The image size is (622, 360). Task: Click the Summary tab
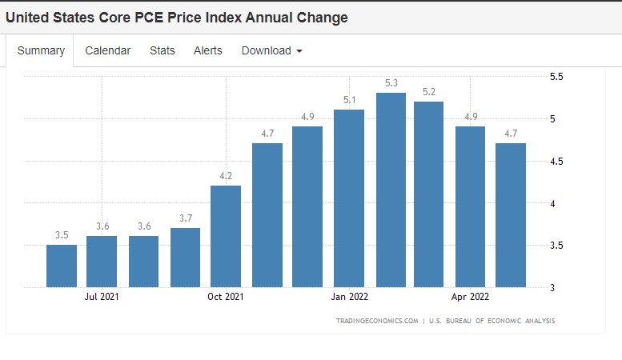(x=41, y=50)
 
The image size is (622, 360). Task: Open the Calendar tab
(x=107, y=50)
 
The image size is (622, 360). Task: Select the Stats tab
(x=162, y=50)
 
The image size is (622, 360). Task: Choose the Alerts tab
(x=208, y=50)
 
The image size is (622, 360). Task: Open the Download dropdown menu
(x=271, y=50)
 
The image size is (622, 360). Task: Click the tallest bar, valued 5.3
(x=391, y=190)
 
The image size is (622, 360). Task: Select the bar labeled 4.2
(x=226, y=236)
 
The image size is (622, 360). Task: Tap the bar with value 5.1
(x=349, y=198)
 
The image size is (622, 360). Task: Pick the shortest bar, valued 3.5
(x=62, y=266)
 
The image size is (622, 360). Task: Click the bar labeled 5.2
(x=428, y=194)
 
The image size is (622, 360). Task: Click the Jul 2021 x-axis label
(x=102, y=297)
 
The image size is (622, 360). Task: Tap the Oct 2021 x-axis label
(x=226, y=297)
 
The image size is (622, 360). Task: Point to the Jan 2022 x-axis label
(x=349, y=297)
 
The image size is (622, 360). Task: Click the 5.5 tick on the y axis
(x=556, y=77)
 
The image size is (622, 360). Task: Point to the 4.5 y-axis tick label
(x=556, y=161)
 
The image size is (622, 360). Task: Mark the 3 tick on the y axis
(x=552, y=286)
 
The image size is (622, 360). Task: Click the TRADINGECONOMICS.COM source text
(x=377, y=321)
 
